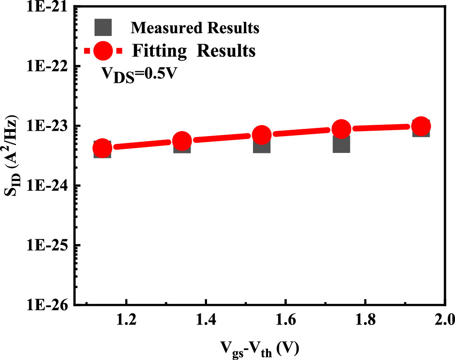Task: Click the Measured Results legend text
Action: tap(195, 28)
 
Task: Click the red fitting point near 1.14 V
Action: tap(102, 148)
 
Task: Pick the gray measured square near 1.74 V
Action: tap(341, 143)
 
